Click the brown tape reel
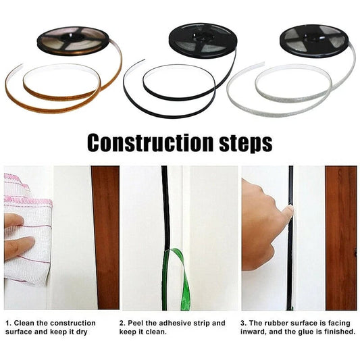pos(72,40)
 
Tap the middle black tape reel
pos(203,38)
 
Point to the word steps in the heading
pos(241,143)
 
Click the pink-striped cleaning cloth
pos(28,223)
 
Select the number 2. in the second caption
pos(122,323)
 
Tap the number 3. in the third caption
pos(244,323)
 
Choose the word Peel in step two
pos(139,323)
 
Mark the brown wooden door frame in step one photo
pos(105,236)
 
